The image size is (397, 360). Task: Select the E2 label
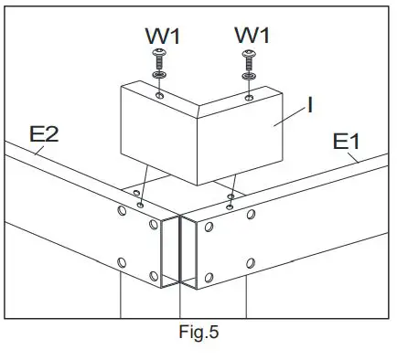point(45,134)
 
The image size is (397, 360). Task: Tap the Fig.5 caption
point(197,332)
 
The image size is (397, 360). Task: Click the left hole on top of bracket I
point(160,95)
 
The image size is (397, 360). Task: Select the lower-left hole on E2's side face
point(122,263)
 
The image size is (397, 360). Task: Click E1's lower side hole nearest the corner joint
point(209,276)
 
